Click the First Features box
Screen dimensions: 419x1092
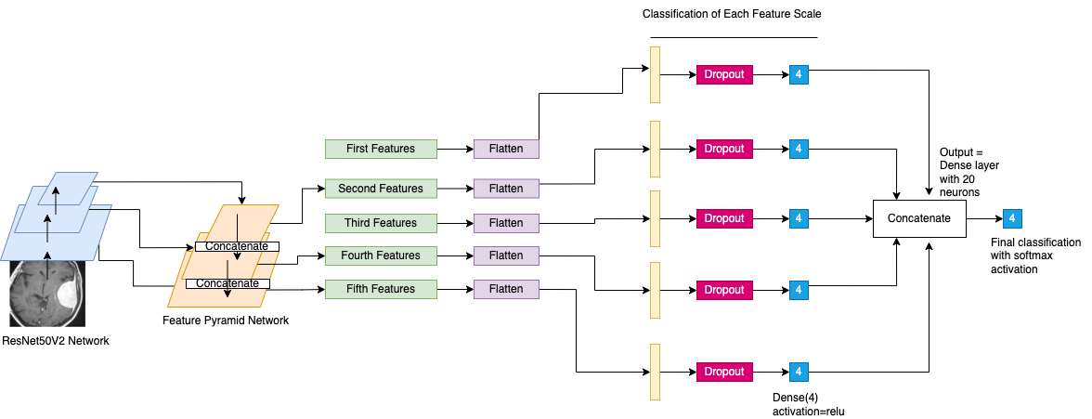pos(382,149)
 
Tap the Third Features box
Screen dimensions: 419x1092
pos(382,223)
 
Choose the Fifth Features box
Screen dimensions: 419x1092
pos(382,289)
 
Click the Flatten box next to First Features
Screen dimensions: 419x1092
pos(506,149)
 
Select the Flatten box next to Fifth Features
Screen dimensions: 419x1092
pos(506,289)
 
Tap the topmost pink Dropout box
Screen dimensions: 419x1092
pos(724,74)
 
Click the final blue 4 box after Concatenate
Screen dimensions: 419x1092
pos(1013,219)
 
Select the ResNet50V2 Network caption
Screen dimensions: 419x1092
pos(56,341)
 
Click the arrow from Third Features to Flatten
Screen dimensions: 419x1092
pos(457,223)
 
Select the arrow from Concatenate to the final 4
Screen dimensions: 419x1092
pos(984,219)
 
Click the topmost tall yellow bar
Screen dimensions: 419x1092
pos(655,74)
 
